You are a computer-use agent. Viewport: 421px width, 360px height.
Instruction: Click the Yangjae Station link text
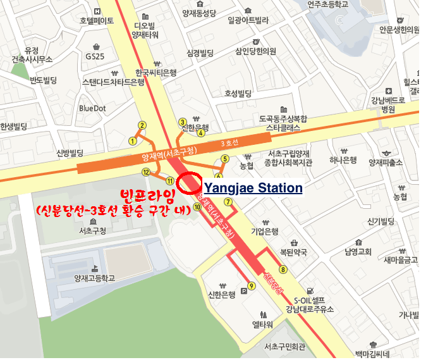[253, 188]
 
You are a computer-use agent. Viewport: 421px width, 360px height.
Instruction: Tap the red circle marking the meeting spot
[189, 183]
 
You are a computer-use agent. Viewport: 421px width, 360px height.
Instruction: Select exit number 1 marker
[133, 141]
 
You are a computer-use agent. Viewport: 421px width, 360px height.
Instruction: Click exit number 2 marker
[143, 125]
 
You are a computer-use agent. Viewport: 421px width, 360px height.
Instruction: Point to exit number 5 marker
[225, 159]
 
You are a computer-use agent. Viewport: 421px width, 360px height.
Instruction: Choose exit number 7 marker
[228, 202]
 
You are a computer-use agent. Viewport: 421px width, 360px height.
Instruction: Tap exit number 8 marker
[283, 270]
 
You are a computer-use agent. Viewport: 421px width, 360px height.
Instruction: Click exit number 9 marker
[252, 286]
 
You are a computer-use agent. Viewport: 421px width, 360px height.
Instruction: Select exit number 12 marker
[146, 172]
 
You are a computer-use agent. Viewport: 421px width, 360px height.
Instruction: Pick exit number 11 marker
[169, 181]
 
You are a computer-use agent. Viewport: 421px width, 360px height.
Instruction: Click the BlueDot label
[93, 108]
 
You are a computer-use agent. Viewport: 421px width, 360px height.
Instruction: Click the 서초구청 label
[92, 230]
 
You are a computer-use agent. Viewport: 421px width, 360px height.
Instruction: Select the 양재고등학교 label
[94, 278]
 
